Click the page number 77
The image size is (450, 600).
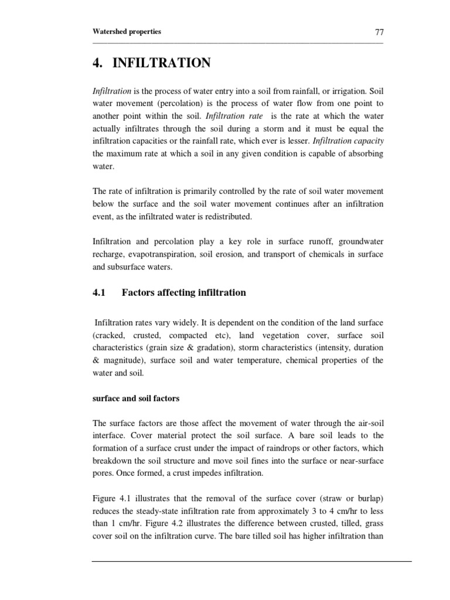point(379,32)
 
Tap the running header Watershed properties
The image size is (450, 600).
point(127,32)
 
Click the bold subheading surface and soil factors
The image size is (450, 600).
point(136,398)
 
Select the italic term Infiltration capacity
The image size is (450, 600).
point(349,141)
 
